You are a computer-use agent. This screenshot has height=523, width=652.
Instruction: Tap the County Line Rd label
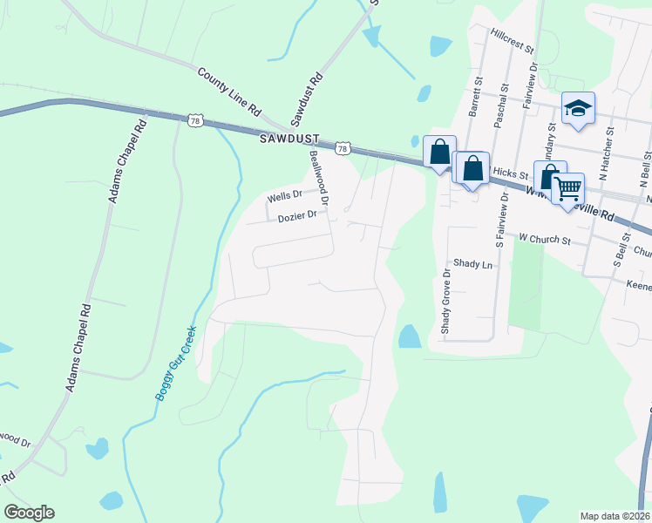229,93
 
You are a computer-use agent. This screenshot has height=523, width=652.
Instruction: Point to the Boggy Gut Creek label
176,363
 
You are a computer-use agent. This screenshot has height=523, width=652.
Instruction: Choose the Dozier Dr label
296,217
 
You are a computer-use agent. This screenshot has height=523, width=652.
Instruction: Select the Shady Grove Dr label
445,301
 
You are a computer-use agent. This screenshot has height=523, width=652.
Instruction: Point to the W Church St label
544,238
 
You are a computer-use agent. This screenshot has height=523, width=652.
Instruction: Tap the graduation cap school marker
577,109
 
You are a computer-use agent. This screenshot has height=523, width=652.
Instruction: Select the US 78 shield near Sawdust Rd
343,150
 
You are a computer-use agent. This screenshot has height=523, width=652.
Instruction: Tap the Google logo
29,513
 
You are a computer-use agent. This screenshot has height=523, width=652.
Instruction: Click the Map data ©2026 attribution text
615,516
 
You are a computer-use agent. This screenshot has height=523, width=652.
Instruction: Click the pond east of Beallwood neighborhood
409,336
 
